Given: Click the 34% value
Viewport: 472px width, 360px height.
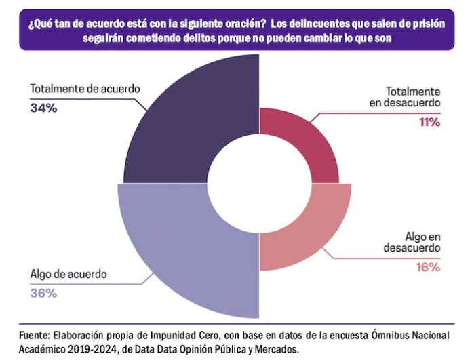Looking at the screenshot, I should (43, 107).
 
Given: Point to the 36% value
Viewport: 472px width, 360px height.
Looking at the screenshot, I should (43, 293).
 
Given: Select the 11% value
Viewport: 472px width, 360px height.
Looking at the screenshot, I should (430, 122).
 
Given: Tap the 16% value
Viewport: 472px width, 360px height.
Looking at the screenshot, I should (430, 266).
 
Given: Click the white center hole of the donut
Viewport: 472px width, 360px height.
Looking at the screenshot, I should (258, 182).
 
